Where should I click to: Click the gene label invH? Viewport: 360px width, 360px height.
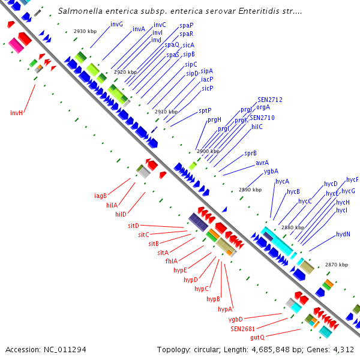tap(16, 112)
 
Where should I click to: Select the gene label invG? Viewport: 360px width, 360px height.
tap(116, 24)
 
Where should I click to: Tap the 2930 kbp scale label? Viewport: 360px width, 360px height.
tap(85, 31)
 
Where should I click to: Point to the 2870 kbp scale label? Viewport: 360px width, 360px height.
tap(336, 265)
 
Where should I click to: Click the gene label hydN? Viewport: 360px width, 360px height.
tap(343, 234)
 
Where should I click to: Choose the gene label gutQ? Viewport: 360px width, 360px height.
tap(257, 337)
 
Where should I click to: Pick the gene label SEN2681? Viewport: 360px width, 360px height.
tap(244, 328)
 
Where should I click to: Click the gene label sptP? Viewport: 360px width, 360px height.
tap(205, 111)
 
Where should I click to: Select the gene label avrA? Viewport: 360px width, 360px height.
tap(262, 163)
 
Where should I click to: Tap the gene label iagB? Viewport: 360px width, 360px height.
tap(100, 196)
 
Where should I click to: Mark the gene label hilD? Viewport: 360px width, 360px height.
tap(121, 214)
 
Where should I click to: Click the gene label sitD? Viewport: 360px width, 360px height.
tap(133, 226)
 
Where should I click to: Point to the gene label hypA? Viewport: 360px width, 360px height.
tap(224, 309)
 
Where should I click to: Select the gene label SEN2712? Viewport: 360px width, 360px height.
tap(270, 100)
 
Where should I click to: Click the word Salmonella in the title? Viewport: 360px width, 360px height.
tap(80, 11)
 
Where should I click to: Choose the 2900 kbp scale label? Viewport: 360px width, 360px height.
tap(208, 151)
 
